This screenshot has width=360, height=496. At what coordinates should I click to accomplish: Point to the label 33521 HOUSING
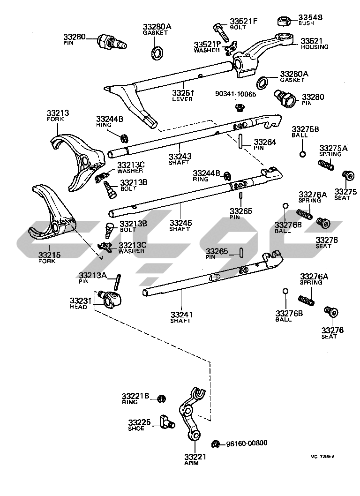(314, 44)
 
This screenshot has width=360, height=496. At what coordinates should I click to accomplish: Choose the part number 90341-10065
(236, 94)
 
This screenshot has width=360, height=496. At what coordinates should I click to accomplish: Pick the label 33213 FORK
(58, 115)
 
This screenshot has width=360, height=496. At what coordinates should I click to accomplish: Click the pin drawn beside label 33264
(240, 141)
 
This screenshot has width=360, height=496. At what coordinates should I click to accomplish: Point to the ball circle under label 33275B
(303, 155)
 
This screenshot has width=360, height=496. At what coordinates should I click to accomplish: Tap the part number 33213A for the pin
(92, 276)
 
